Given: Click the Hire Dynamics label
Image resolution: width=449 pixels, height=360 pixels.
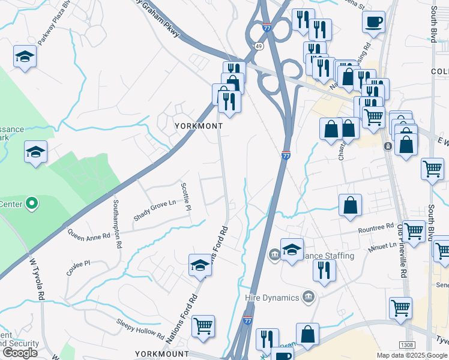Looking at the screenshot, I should click(x=272, y=298).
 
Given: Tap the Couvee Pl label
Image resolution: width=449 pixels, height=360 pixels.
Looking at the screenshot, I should click(x=78, y=263).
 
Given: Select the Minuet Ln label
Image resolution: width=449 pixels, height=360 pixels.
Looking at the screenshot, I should click(x=384, y=245).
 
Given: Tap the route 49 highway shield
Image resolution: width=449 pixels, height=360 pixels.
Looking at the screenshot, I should click(x=258, y=46).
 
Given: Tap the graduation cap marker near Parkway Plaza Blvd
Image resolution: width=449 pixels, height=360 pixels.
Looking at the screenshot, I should click(x=25, y=57).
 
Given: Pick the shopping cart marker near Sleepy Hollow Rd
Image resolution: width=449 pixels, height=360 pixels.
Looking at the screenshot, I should click(x=203, y=326).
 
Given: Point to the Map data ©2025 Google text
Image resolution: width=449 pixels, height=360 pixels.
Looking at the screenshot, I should click(x=412, y=355).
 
